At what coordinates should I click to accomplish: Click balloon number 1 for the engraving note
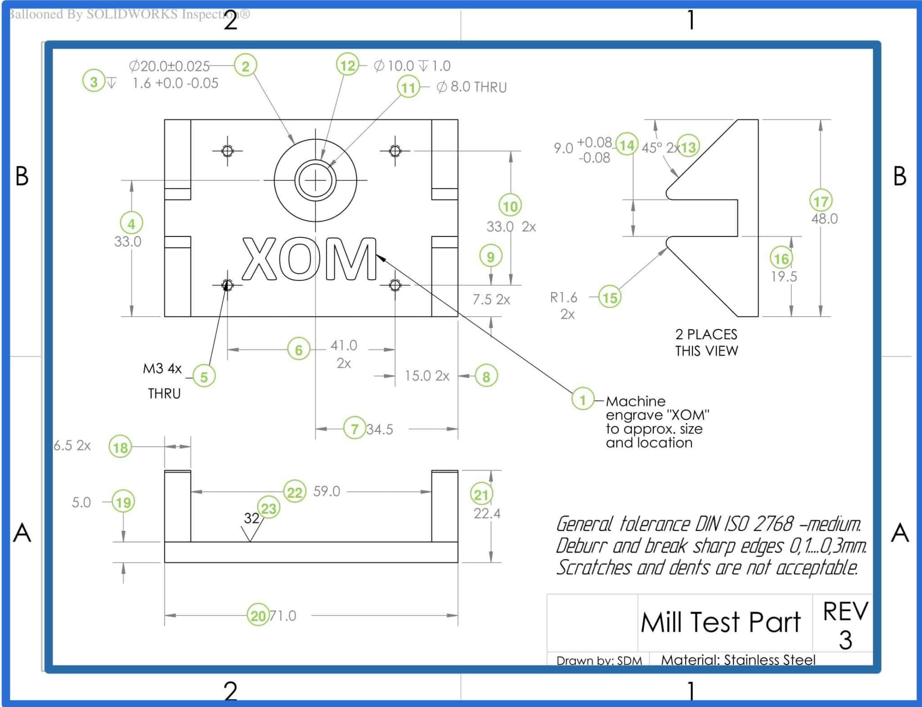[583, 399]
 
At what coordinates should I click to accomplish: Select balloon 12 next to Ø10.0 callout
[348, 66]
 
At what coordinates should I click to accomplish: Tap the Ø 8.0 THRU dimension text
[471, 87]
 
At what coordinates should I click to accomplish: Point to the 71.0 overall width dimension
[283, 616]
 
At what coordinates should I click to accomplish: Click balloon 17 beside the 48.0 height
[821, 201]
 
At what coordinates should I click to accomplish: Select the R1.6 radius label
[563, 297]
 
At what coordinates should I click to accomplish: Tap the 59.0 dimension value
[326, 491]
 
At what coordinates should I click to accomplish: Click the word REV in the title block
[845, 611]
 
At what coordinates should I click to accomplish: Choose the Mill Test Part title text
[720, 622]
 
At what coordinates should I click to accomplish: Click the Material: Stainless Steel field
[738, 660]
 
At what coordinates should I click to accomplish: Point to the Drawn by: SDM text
[599, 660]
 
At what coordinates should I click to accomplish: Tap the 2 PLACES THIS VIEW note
[706, 342]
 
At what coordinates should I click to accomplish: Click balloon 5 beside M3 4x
[204, 376]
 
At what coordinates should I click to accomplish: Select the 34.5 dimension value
[380, 429]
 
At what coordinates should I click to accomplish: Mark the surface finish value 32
[251, 518]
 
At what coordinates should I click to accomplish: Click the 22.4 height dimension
[487, 513]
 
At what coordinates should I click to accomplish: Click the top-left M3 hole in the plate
[227, 150]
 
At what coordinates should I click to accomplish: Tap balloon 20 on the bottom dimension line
[258, 615]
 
